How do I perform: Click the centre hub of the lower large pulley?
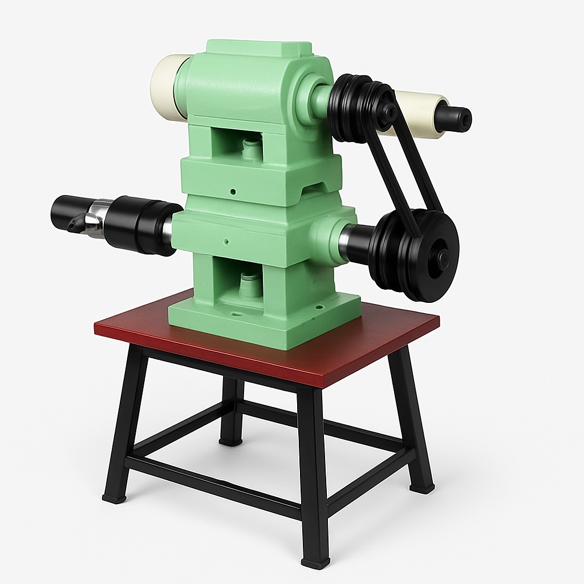[x=443, y=258]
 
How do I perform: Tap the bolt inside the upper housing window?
[x=250, y=148]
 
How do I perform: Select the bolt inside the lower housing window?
[x=247, y=283]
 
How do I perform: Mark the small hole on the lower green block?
[x=227, y=241]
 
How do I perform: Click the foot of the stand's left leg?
[x=113, y=497]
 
